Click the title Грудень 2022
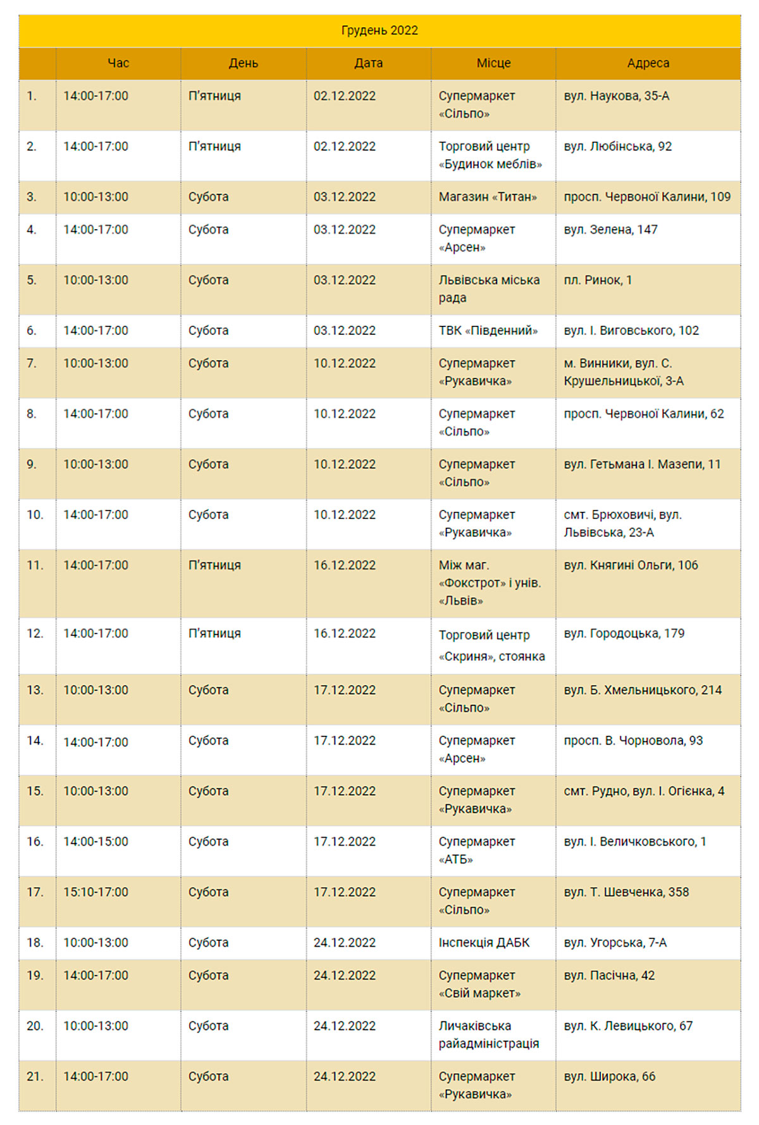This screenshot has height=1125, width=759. click(379, 30)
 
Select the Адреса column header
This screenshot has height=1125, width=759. click(648, 63)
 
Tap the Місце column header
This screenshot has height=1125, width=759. click(493, 63)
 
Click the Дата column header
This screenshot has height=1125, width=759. click(368, 63)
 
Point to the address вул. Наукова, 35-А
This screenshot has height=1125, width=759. click(616, 96)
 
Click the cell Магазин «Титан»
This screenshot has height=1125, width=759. click(488, 197)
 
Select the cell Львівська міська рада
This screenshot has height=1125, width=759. click(489, 289)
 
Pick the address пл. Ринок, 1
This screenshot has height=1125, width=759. click(598, 280)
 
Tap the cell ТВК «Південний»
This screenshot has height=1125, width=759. click(488, 331)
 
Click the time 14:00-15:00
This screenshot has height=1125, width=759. click(96, 842)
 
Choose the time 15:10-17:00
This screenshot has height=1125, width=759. click(96, 892)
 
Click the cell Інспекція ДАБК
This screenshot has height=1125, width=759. click(484, 943)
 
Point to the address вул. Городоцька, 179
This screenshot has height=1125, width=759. click(624, 633)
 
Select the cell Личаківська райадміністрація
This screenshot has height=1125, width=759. click(488, 1035)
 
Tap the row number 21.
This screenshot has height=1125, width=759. click(35, 1076)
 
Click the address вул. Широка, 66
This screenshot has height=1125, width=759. click(609, 1076)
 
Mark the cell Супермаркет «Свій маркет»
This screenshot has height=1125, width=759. click(479, 984)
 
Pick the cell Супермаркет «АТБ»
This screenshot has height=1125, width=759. click(476, 850)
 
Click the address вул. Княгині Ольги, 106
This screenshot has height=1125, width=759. click(631, 565)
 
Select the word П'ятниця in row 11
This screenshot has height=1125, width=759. click(214, 565)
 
